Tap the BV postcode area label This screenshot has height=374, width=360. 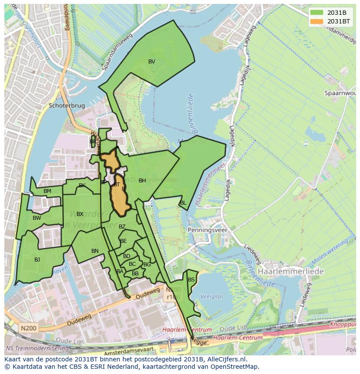click(x=151, y=62)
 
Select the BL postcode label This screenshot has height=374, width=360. click(x=183, y=203)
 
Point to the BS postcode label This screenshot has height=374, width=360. click(x=191, y=280)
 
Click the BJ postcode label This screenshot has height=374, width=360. click(x=37, y=260)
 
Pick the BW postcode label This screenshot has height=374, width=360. click(x=37, y=218)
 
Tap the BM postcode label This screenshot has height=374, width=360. click(x=47, y=191)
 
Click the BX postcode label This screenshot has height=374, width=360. click(x=80, y=214)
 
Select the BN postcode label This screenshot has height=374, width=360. click(x=95, y=251)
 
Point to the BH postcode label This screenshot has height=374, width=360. click(x=142, y=181)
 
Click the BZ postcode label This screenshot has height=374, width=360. click(x=122, y=227)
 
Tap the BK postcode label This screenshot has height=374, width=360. click(x=82, y=185)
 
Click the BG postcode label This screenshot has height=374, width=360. click(x=147, y=265)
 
